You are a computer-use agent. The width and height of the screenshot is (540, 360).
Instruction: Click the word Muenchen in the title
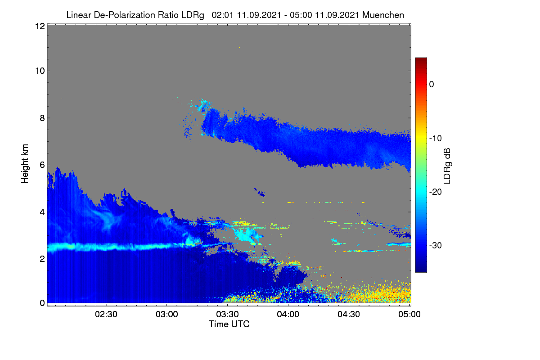coord(383,15)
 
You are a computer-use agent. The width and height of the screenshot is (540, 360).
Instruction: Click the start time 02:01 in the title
coord(222,15)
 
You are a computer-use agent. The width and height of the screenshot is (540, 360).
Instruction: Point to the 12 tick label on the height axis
coord(40,26)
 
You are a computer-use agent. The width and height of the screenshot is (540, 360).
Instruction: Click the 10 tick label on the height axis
coord(40,71)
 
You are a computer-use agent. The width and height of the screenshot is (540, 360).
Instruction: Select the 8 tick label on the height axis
coord(42,118)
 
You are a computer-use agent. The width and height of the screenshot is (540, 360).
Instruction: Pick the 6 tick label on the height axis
coord(42,165)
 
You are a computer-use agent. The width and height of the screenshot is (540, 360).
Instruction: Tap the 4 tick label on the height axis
coord(42,212)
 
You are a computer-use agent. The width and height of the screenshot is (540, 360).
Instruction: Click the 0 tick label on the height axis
coord(42,303)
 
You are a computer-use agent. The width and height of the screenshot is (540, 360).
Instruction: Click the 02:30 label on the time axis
coord(106,314)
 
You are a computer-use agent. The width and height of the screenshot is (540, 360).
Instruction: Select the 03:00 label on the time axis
coord(167,314)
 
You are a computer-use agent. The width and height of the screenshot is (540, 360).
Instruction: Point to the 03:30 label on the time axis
coord(227,314)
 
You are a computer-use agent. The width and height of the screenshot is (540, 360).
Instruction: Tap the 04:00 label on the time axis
coord(288,314)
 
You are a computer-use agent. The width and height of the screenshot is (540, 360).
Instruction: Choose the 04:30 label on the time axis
coord(349,314)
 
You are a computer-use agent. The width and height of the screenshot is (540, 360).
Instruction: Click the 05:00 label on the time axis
coord(409,314)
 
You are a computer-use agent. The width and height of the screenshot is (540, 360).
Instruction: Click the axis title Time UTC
coord(229,324)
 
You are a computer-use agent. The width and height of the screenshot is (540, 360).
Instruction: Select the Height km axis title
coord(25,164)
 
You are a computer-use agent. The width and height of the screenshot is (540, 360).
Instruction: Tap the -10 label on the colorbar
coord(436,138)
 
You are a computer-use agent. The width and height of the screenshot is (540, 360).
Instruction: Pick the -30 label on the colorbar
coord(436,245)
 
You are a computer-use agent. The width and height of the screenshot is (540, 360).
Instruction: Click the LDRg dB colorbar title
coord(447,166)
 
